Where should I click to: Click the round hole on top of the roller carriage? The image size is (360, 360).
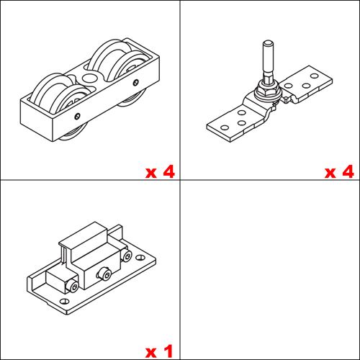[90, 77]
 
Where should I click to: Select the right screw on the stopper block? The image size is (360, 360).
[127, 256]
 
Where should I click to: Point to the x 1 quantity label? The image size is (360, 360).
[160, 351]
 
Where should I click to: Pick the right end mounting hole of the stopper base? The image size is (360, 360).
[138, 248]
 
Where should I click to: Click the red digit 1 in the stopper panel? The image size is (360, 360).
[168, 351]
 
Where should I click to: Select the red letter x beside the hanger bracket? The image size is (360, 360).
[330, 173]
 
